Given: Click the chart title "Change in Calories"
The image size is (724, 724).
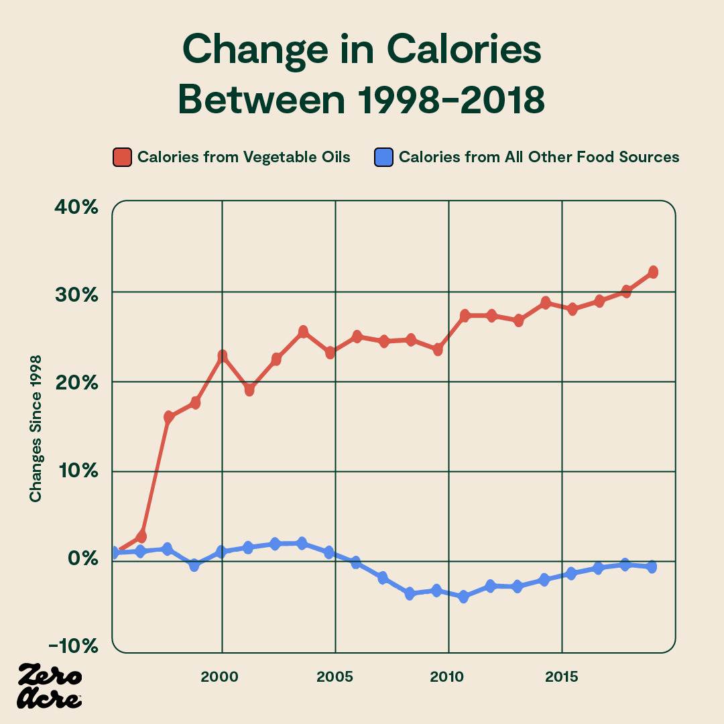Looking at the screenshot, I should (361, 50).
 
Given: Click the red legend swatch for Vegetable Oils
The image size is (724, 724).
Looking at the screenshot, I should (122, 157).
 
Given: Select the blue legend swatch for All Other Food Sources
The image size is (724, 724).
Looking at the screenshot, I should (383, 157).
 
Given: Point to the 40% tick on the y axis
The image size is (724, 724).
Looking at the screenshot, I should (76, 207).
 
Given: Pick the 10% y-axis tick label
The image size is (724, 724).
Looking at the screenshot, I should (76, 472).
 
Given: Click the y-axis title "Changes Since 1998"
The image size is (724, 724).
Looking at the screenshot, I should (36, 428).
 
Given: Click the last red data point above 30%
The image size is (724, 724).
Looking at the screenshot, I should (653, 271).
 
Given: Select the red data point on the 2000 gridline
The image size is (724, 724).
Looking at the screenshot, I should (222, 356).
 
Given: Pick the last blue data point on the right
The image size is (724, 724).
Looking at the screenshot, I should (651, 567).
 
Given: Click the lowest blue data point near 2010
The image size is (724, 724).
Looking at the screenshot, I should (463, 597).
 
